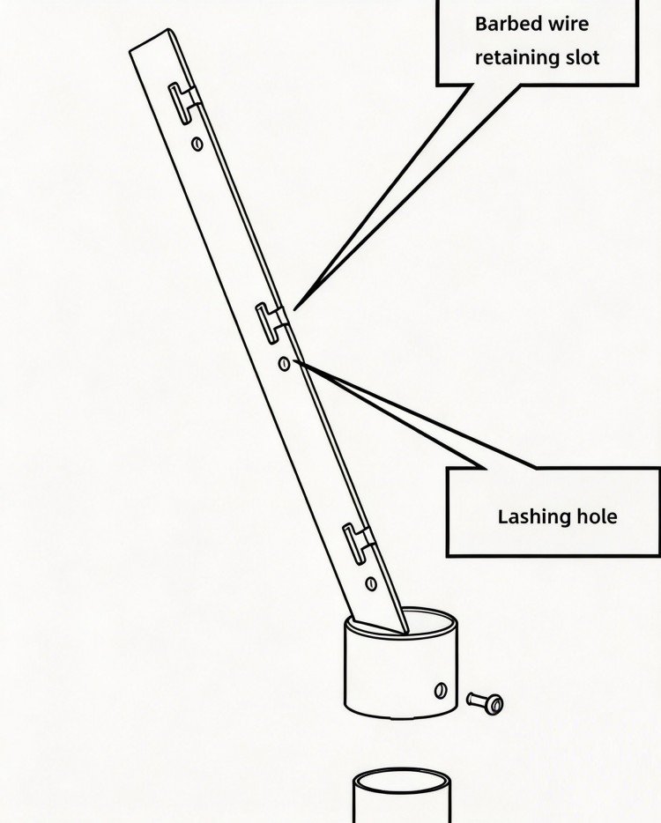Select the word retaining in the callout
click(x=517, y=57)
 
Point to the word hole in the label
click(x=597, y=516)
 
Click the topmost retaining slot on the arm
click(x=184, y=103)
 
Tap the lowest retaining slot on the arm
click(x=359, y=544)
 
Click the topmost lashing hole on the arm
click(x=197, y=144)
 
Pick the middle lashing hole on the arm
click(x=284, y=363)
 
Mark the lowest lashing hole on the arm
click(x=371, y=583)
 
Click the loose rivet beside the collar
click(x=485, y=703)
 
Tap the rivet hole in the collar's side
click(x=441, y=691)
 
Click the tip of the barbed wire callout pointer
click(x=294, y=309)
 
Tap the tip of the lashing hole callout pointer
click(x=294, y=360)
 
